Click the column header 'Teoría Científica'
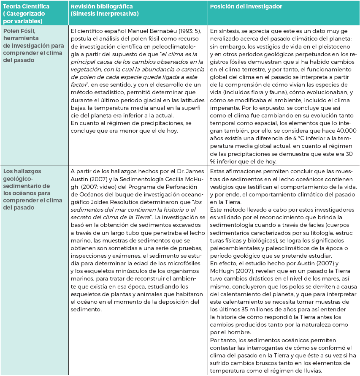(26, 7)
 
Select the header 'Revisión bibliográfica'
(101, 7)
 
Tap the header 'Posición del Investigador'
(246, 7)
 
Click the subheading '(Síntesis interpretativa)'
(105, 14)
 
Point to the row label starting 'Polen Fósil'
(21, 32)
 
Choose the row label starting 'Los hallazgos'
(23, 171)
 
